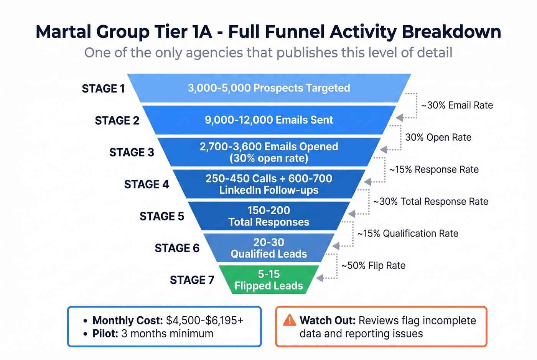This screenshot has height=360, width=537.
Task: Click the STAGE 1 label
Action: point(103,89)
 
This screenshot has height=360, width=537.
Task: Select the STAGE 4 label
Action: point(147,184)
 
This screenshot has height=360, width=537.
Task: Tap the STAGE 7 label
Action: point(192,280)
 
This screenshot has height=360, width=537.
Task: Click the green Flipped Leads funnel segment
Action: point(269,280)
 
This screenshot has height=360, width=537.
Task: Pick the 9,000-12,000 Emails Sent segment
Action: point(269,120)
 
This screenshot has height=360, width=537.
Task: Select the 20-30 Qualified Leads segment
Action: point(269,248)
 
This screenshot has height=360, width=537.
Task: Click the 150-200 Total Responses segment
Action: point(269,216)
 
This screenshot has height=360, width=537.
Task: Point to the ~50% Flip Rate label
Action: point(373,266)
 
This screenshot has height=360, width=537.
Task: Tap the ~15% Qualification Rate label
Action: point(408,233)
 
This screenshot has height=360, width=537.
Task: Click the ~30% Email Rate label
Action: point(457,105)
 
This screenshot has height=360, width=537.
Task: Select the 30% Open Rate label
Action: point(438,138)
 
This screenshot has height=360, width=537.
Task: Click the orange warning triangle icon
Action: point(290,320)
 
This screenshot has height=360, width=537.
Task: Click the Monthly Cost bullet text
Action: point(128,321)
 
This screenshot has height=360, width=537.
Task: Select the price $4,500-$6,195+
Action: point(204,321)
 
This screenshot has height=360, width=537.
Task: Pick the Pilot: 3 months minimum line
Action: point(153,334)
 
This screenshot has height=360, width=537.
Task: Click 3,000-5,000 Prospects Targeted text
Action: point(269,88)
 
